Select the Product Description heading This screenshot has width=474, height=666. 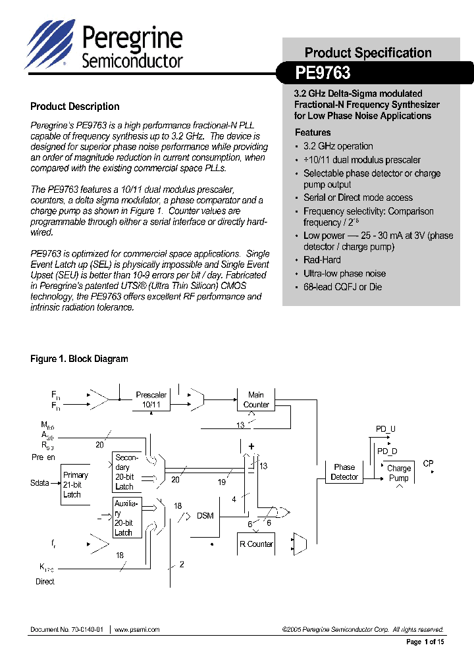(75, 107)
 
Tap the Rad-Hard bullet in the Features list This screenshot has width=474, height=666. (322, 260)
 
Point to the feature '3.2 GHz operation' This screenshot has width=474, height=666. (338, 146)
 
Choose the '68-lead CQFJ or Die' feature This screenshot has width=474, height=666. (342, 287)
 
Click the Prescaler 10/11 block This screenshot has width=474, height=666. (151, 399)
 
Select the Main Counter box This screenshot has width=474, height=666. (256, 399)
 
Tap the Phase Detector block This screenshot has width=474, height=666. (344, 472)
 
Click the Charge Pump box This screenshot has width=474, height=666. (398, 473)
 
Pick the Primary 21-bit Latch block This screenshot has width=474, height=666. (75, 484)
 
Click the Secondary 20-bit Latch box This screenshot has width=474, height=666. (127, 472)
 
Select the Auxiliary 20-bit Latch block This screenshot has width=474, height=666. (127, 518)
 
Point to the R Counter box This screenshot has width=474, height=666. (256, 544)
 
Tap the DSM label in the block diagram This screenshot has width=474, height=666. (205, 515)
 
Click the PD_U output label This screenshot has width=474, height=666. (386, 429)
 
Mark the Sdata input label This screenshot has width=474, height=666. (39, 483)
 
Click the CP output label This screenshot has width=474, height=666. (428, 463)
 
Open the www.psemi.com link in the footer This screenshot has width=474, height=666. (137, 630)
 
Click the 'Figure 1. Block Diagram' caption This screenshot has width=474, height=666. (79, 359)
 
